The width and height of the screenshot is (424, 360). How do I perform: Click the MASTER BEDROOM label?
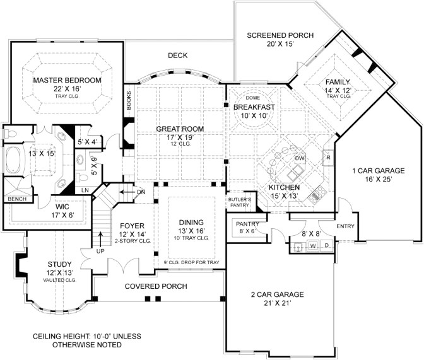(67, 80)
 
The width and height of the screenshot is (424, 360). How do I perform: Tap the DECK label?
(178, 55)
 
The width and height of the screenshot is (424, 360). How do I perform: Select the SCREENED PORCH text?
(280, 35)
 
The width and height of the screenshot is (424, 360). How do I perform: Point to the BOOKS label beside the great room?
(129, 100)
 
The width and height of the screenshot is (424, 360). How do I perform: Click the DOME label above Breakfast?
(253, 98)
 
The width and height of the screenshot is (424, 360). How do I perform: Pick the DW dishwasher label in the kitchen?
(300, 158)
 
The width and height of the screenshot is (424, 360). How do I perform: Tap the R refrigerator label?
(329, 157)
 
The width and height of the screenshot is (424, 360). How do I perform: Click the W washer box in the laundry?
(313, 246)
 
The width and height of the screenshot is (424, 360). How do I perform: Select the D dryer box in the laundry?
(327, 246)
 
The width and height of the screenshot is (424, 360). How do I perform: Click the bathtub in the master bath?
(13, 160)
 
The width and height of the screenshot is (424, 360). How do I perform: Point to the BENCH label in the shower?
(17, 199)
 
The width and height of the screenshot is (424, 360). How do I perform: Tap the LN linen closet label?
(85, 190)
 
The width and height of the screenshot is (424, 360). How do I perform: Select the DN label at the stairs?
(141, 192)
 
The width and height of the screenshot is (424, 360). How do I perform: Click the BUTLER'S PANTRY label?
(240, 202)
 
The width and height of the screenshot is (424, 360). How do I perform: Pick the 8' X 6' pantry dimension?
(247, 231)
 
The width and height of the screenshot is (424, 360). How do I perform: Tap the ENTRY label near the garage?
(345, 226)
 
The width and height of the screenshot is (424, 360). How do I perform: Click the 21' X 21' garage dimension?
(277, 303)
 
